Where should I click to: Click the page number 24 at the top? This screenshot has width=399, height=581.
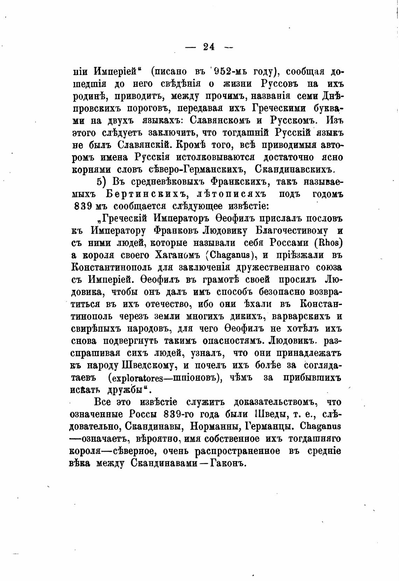pos(208,47)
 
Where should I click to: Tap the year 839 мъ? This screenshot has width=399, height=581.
pos(87,207)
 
